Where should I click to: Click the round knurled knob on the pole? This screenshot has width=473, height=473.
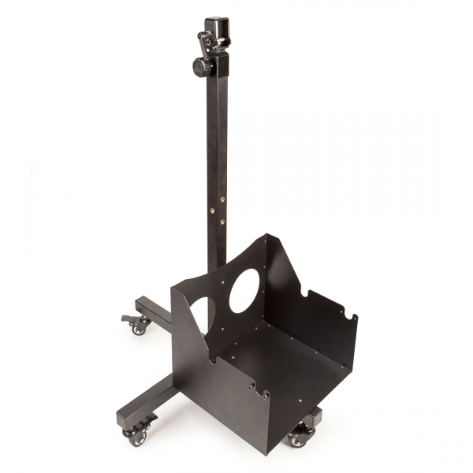pyautogui.click(x=202, y=68)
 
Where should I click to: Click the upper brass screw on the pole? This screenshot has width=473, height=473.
pyautogui.click(x=222, y=200)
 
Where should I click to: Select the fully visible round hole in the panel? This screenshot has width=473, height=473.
pyautogui.click(x=244, y=290)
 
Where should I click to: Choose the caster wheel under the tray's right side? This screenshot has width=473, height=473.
pyautogui.click(x=299, y=438)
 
